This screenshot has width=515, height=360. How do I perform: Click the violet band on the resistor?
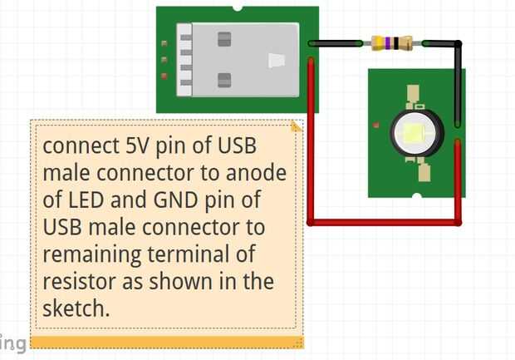(388, 43)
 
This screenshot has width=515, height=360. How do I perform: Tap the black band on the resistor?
(396, 43)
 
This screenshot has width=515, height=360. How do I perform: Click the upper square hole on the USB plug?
(224, 39)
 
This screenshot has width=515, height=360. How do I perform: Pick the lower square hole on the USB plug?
(224, 81)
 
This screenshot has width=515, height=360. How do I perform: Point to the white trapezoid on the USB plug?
(277, 61)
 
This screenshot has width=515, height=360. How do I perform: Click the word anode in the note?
(256, 173)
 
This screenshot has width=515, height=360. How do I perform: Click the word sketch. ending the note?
(76, 308)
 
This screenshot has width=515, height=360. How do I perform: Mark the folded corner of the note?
(297, 126)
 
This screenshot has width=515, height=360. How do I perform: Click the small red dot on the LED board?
(376, 125)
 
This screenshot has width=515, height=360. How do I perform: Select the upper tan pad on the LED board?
(414, 93)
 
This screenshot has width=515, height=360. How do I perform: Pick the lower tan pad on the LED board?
(424, 173)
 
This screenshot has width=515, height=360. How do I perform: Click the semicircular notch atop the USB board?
(238, 8)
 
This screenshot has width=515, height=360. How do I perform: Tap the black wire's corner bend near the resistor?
(458, 43)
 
